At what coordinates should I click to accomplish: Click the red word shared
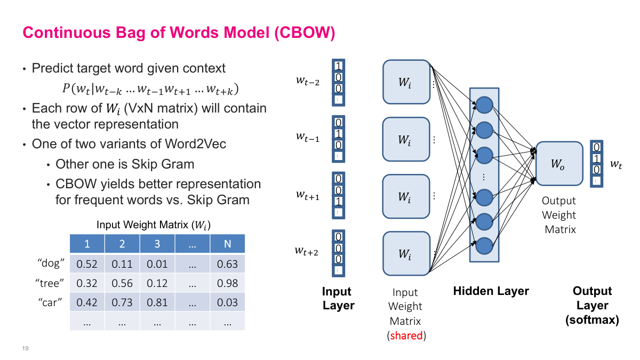[406, 335]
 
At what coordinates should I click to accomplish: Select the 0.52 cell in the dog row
[87, 263]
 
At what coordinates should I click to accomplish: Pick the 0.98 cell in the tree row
[228, 283]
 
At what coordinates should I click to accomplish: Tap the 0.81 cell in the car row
[157, 302]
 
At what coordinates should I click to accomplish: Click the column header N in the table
[228, 244]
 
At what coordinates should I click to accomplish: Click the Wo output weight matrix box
[559, 164]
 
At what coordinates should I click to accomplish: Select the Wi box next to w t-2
[406, 82]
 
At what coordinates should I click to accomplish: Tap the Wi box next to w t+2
[406, 253]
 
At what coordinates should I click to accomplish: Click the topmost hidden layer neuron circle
[484, 105]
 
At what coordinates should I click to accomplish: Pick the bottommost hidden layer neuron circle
[484, 245]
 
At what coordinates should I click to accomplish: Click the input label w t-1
[308, 137]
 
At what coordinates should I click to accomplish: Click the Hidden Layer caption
[491, 291]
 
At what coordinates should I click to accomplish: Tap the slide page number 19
[25, 348]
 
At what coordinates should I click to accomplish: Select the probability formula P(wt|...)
[150, 88]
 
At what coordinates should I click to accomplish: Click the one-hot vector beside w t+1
[339, 195]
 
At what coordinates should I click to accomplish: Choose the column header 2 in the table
[122, 244]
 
